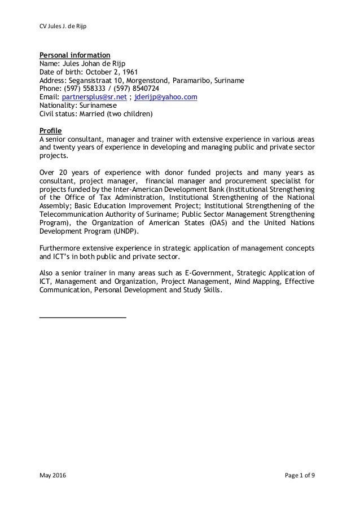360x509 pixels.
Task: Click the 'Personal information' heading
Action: click(74, 55)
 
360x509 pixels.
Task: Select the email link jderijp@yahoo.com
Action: click(165, 97)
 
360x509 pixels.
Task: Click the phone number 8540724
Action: click(143, 89)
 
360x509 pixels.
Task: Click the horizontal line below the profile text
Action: click(82, 317)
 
